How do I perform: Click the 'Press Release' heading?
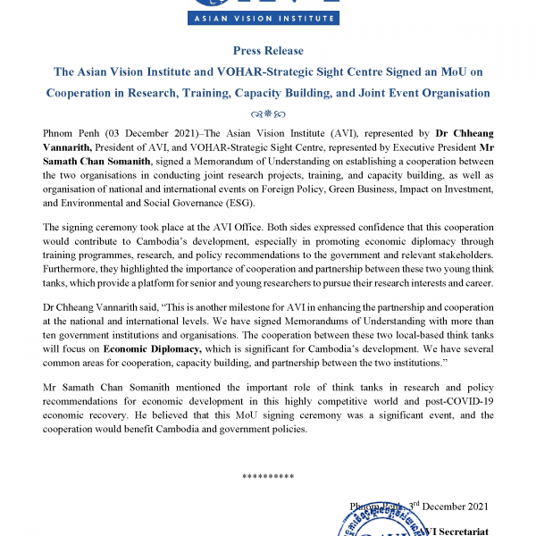[268, 51]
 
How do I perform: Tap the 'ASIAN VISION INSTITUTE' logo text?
[268, 18]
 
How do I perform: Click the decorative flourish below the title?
[268, 113]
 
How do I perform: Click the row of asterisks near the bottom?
[268, 476]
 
